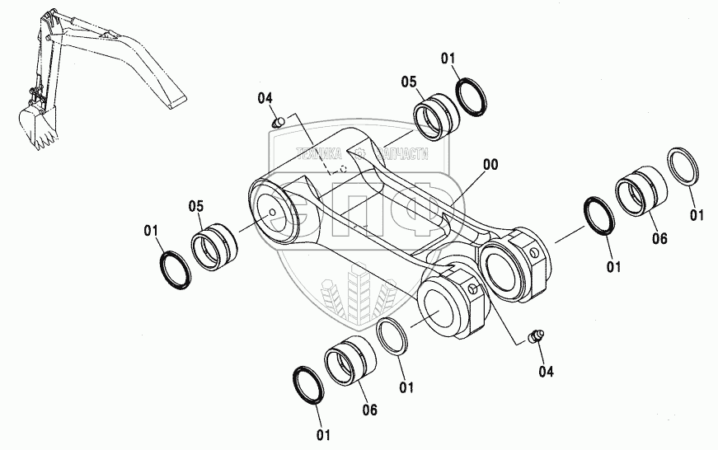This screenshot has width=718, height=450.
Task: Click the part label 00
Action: point(490,164)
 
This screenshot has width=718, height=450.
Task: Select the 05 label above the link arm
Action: point(410,81)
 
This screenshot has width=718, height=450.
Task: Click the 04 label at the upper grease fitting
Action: point(265,99)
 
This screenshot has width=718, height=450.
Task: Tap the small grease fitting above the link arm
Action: point(279,122)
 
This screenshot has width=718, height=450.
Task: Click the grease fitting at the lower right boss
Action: point(536,336)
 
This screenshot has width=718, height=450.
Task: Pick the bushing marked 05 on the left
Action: point(215,241)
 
